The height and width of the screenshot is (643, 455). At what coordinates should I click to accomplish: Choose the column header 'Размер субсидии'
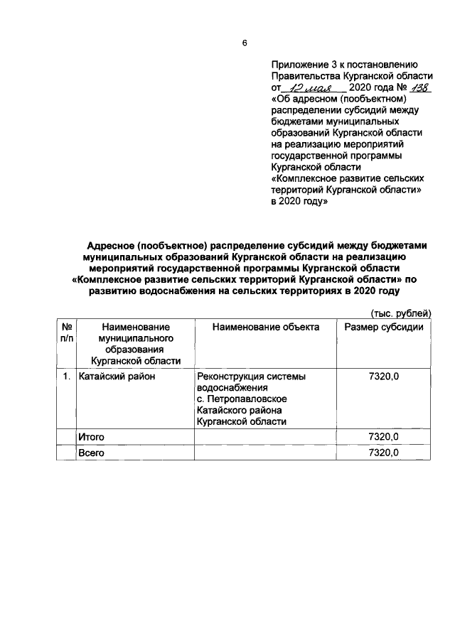tap(384, 327)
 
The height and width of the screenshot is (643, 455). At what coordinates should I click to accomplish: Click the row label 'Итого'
tap(91, 436)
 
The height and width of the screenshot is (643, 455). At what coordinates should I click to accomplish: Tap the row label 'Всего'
tap(91, 453)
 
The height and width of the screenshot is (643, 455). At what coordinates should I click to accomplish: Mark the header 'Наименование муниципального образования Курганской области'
tap(135, 344)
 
